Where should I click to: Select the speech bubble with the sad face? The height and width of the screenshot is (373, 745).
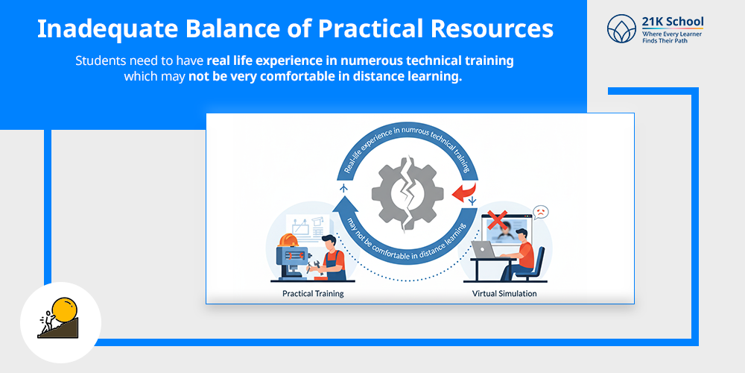click(x=540, y=212)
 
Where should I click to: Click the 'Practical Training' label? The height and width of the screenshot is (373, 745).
click(x=313, y=293)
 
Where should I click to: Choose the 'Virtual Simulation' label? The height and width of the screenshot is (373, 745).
click(x=504, y=293)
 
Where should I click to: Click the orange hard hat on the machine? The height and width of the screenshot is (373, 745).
click(x=288, y=239)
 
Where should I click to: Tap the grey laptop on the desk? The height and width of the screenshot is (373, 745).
click(x=482, y=249)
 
